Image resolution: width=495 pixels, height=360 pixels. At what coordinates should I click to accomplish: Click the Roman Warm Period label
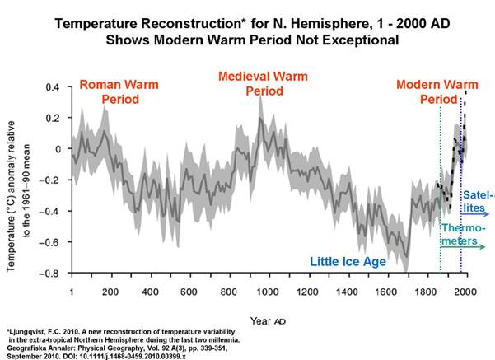pyautogui.click(x=119, y=92)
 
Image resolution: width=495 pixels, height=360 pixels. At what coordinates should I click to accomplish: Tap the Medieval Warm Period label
pyautogui.click(x=263, y=84)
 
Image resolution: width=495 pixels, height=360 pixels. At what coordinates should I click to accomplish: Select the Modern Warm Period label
pyautogui.click(x=437, y=92)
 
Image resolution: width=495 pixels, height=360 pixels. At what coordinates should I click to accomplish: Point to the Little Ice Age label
pyautogui.click(x=348, y=261)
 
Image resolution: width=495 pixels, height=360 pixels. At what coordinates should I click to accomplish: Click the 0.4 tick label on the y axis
pyautogui.click(x=53, y=86)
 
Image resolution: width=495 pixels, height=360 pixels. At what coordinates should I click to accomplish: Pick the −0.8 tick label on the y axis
pyautogui.click(x=49, y=274)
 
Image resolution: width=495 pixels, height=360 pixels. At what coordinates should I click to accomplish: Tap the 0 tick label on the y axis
pyautogui.click(x=58, y=149)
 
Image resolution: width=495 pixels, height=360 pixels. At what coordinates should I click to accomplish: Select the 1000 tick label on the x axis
pyautogui.click(x=268, y=292)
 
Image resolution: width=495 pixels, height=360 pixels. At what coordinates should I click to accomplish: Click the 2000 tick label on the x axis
pyautogui.click(x=465, y=292)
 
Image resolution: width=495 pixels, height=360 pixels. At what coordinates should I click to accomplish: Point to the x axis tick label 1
pyautogui.click(x=72, y=292)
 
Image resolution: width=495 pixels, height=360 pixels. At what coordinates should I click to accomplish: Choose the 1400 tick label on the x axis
pyautogui.click(x=347, y=292)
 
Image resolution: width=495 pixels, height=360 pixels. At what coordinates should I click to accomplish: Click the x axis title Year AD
pyautogui.click(x=268, y=321)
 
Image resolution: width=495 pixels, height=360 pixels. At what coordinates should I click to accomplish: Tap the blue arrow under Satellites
pyautogui.click(x=474, y=214)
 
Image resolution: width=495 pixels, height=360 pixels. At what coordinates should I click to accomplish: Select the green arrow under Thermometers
pyautogui.click(x=463, y=246)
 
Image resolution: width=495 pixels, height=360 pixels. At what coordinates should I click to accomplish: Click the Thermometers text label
pyautogui.click(x=463, y=234)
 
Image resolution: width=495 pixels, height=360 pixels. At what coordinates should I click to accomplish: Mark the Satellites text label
pyautogui.click(x=479, y=201)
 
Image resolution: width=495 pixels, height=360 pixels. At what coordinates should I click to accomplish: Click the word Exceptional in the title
pyautogui.click(x=360, y=40)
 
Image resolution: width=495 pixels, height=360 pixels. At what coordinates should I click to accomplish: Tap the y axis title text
pyautogui.click(x=19, y=196)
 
